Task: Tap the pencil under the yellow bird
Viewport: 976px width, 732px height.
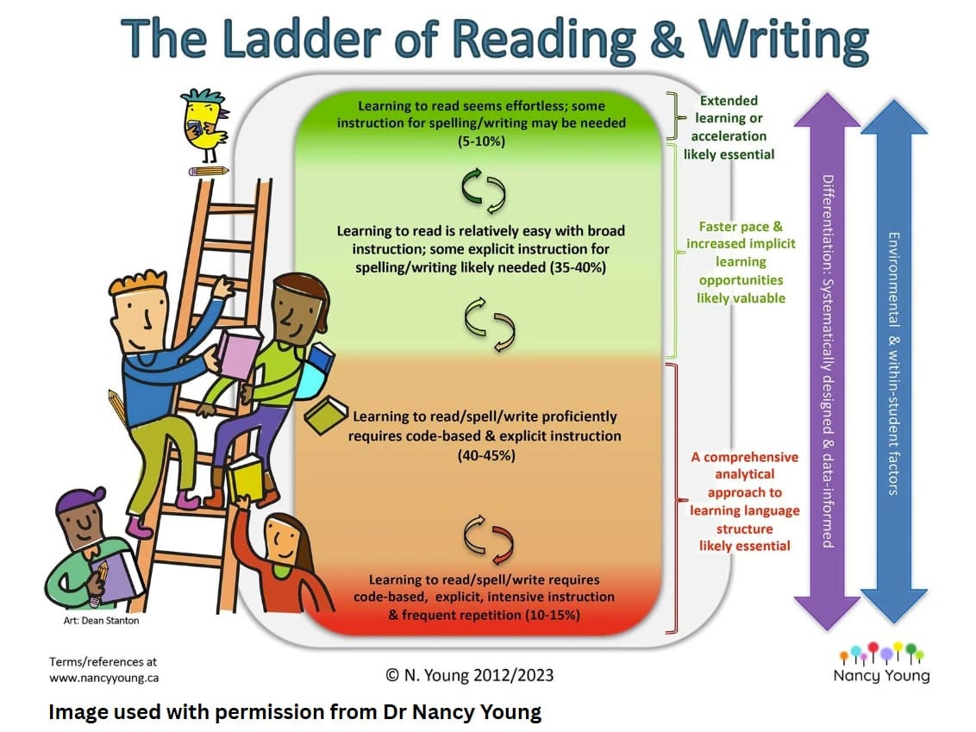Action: pos(209,171)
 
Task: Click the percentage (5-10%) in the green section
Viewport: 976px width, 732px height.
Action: pos(481,141)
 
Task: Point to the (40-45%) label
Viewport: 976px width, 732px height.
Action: pos(486,455)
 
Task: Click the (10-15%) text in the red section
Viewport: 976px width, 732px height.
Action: pos(552,616)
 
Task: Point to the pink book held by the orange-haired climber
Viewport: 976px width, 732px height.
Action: pos(239,353)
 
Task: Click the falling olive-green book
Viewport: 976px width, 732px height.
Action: pos(326,415)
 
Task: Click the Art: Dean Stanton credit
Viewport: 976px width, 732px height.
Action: pos(102,621)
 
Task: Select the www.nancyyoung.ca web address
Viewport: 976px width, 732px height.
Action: pos(104,678)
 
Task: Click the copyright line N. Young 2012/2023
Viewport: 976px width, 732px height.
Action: pos(469,675)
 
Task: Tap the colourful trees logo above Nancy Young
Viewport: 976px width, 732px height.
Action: pos(881,653)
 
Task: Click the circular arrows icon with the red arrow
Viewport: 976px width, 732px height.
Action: pos(489,539)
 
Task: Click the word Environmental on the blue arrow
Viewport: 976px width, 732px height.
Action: pos(894,279)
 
